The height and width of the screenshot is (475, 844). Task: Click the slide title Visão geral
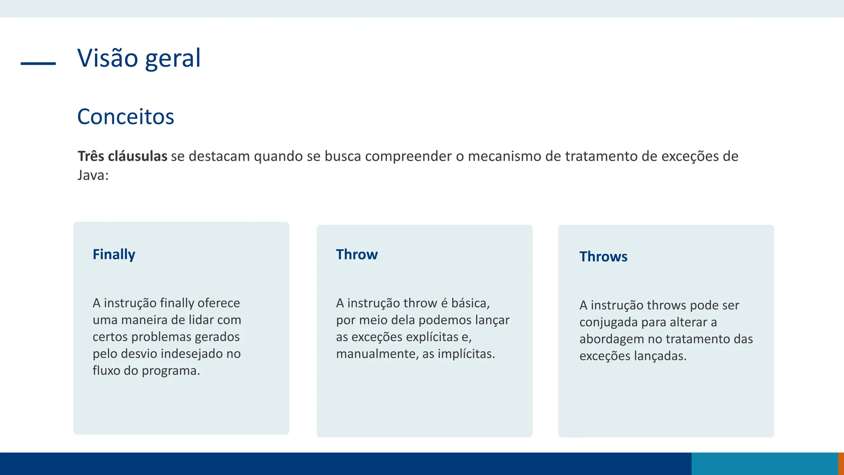coord(139,58)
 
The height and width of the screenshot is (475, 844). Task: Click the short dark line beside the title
coord(38,63)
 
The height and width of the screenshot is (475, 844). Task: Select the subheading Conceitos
coord(126,117)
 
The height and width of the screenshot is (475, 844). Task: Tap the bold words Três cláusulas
coord(122,156)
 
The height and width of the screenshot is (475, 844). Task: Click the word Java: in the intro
coord(93,175)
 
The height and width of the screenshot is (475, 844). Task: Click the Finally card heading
coord(114,254)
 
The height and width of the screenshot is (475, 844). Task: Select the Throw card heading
coord(356,254)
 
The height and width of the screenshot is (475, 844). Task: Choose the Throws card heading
coord(603,256)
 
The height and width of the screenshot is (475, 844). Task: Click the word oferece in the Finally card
coord(218,303)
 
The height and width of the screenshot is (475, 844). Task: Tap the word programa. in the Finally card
coord(171,371)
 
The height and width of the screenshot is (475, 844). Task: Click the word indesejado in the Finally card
coord(192,354)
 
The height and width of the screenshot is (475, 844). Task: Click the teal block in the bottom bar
coord(764,463)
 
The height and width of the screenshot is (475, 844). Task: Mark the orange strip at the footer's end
coord(841,463)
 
